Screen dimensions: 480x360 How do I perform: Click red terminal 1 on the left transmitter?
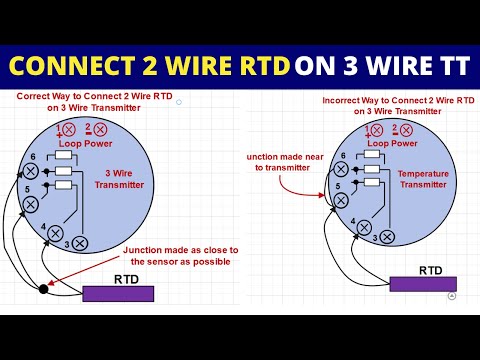[x=69, y=130]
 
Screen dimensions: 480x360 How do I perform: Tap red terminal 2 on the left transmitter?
[x=100, y=130]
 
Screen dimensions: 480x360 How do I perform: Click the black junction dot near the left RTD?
[x=43, y=289]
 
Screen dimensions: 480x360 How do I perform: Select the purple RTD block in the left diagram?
[x=119, y=293]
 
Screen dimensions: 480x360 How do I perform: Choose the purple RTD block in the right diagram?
[x=422, y=284]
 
